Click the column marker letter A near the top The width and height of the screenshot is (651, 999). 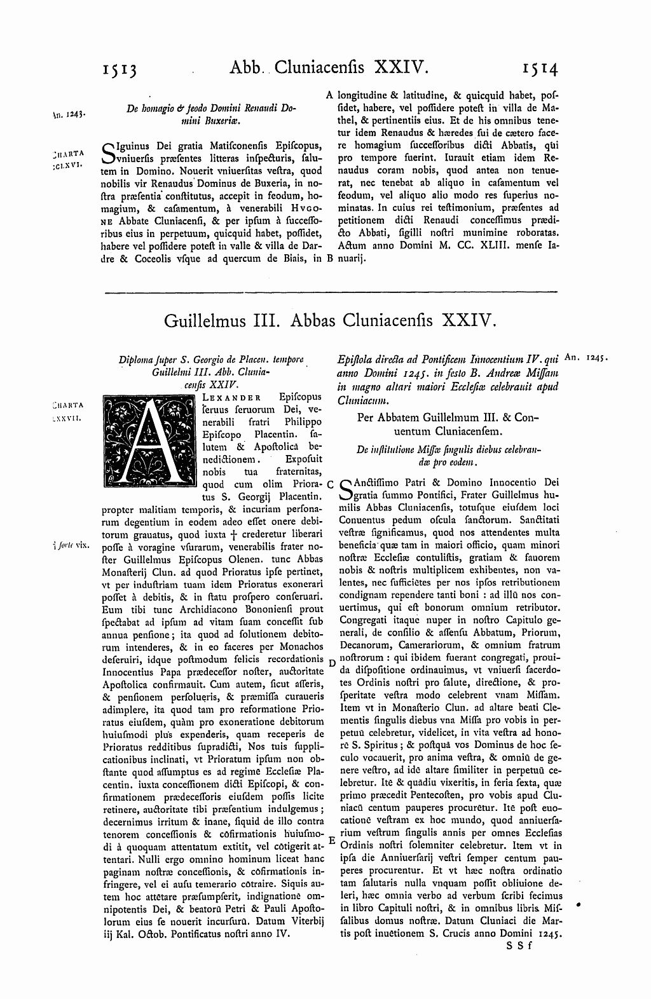[329, 95]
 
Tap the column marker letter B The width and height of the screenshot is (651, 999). [329, 259]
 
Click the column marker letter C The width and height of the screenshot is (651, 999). [330, 484]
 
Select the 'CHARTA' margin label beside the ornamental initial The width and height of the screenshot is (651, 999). [65, 405]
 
